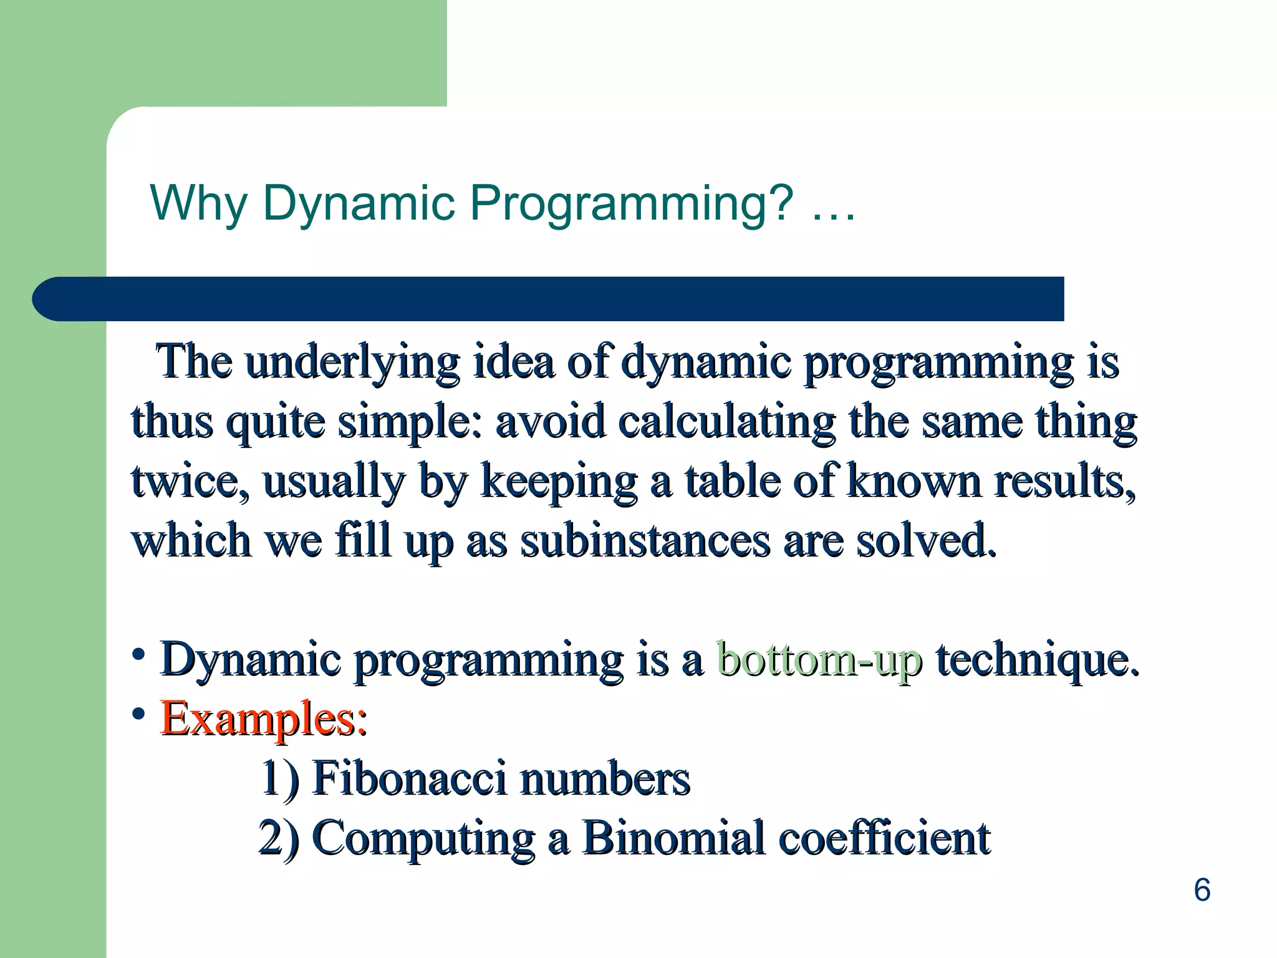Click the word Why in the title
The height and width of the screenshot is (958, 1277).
coord(198,203)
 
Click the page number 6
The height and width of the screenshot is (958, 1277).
coord(1202,889)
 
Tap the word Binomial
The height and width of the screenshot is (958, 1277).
coord(673,837)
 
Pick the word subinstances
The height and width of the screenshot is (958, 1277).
coord(645,540)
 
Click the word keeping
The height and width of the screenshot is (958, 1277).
coord(559,481)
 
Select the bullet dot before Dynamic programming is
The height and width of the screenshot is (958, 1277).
coord(138,655)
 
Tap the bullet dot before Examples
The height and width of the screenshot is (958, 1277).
coord(138,714)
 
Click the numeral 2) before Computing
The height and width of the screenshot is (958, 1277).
coord(278,837)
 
